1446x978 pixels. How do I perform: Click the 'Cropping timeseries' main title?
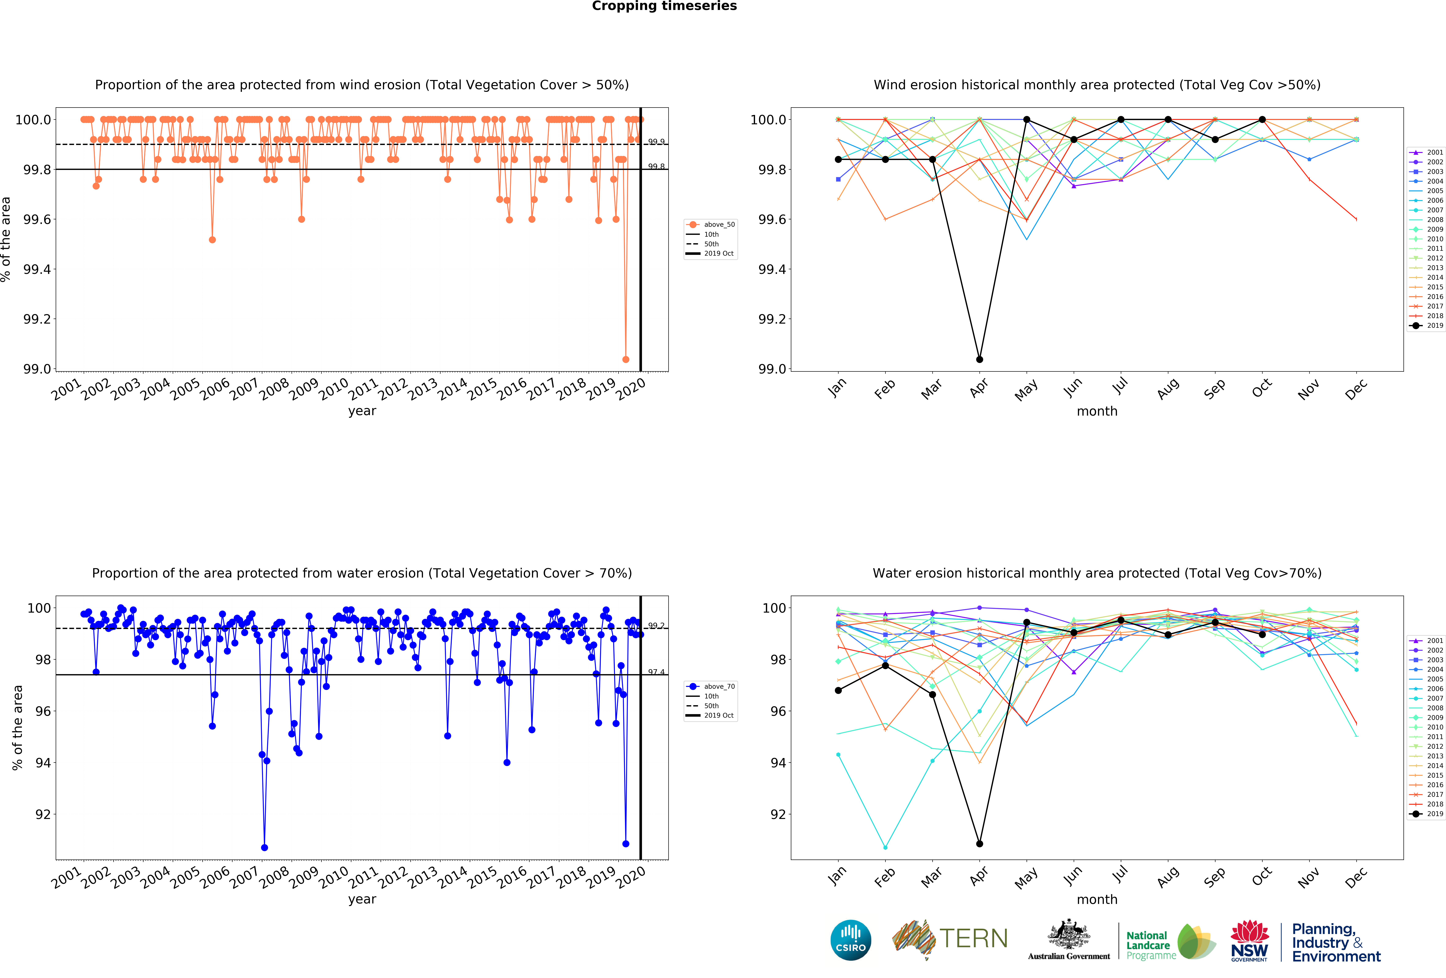(664, 6)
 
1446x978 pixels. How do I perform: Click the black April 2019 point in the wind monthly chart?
(979, 359)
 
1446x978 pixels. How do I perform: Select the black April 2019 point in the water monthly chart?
(979, 844)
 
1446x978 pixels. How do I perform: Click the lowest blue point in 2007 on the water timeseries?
(264, 847)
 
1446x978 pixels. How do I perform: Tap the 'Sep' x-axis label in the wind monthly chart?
(1214, 389)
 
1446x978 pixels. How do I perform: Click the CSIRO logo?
(850, 940)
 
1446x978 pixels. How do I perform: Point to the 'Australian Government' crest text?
(1068, 956)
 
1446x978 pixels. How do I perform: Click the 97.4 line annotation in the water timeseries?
(656, 672)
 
